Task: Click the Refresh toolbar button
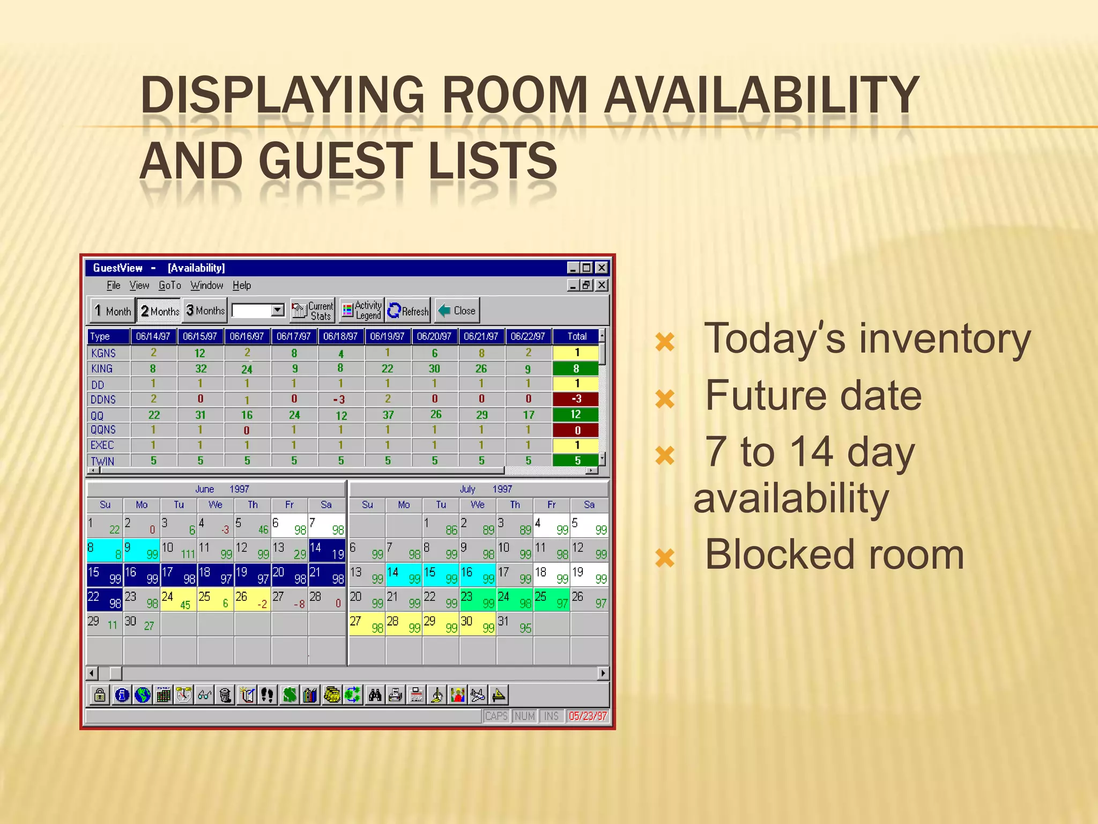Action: click(x=408, y=311)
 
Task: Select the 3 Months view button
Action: click(x=205, y=311)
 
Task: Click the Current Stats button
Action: click(x=313, y=311)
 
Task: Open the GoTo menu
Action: click(x=169, y=285)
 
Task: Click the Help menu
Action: click(x=241, y=285)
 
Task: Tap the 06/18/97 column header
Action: click(x=340, y=336)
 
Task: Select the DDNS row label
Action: click(x=103, y=400)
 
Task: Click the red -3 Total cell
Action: click(x=576, y=399)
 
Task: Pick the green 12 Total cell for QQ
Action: click(x=576, y=415)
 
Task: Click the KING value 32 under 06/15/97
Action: click(x=201, y=369)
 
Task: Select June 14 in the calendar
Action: click(x=327, y=550)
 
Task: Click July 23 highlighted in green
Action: click(x=477, y=599)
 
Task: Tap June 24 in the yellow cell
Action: click(x=178, y=599)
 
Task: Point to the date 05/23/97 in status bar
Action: click(x=588, y=716)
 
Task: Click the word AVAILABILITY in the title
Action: click(x=761, y=95)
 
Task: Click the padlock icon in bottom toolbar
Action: click(x=100, y=695)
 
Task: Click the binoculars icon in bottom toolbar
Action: click(x=375, y=695)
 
